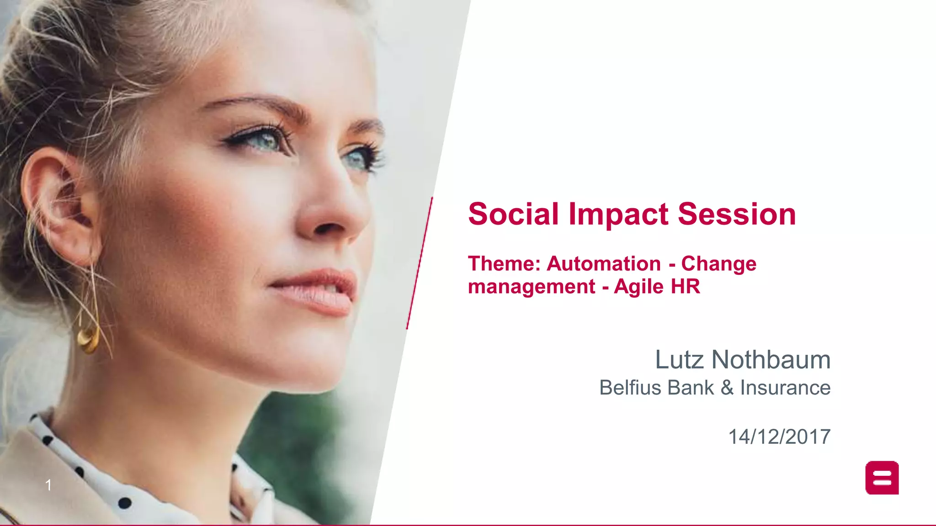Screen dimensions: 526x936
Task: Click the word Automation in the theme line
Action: coord(604,263)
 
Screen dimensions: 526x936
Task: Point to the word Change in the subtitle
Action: coord(718,264)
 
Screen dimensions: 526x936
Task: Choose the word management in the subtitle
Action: coord(532,287)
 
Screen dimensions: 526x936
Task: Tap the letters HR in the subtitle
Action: coord(685,287)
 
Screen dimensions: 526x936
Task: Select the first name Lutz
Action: coord(679,360)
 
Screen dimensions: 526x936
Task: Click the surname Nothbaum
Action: coord(771,360)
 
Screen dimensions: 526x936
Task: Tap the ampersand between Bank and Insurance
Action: coord(727,388)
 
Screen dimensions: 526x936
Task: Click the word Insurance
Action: coord(785,388)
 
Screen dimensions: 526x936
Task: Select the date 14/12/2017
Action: coord(779,437)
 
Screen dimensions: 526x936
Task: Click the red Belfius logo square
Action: coord(882,478)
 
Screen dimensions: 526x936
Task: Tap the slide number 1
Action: coord(48,485)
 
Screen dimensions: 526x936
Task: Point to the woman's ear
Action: coord(59,205)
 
